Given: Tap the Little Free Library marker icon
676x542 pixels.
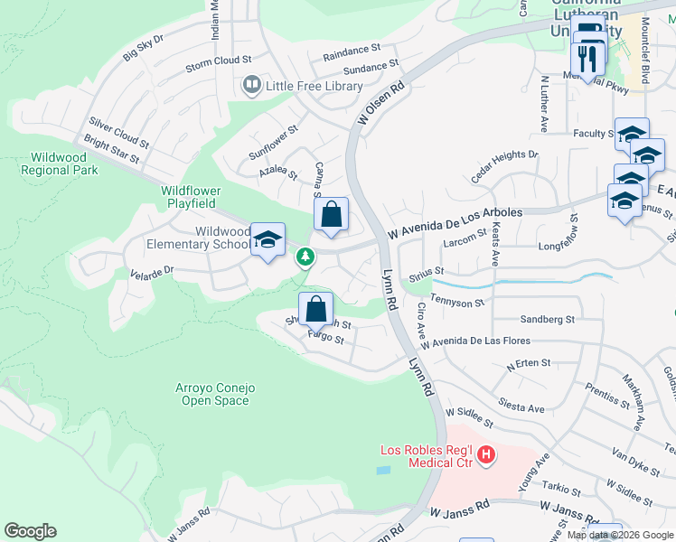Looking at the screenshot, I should pos(249,87).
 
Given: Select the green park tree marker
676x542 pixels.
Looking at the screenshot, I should pos(305,257).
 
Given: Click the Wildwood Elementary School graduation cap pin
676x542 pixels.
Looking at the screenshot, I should pos(268,239).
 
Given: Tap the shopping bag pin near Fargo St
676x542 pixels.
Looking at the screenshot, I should pos(315,309).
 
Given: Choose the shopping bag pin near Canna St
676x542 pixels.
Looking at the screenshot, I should pos(332,215).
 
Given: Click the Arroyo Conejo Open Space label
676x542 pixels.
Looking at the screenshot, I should pos(215,395).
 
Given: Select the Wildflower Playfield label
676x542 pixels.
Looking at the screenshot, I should pos(202,198).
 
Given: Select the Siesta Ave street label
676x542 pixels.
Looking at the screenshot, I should pos(525,408).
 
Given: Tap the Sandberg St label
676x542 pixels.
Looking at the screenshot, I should pos(548,320).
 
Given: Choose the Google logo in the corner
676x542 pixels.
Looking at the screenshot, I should pos(30,531).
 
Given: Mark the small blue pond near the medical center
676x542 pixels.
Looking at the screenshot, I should pos(384,471).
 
